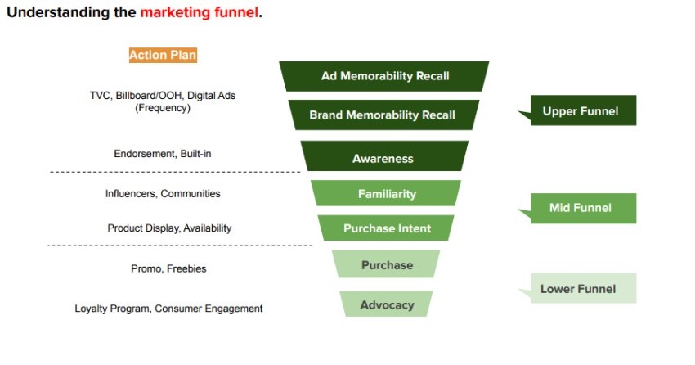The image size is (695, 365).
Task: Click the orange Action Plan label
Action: click(x=163, y=55)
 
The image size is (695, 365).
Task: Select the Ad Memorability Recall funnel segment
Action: click(x=384, y=76)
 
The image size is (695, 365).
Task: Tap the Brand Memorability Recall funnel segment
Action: click(x=382, y=115)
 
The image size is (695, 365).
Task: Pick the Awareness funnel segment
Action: click(x=383, y=159)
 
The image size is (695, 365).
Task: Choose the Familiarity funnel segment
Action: click(x=386, y=194)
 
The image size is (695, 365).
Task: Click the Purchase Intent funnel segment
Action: click(x=387, y=228)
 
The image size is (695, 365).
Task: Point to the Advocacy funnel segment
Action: click(x=387, y=305)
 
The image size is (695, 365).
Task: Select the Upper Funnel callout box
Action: click(x=580, y=111)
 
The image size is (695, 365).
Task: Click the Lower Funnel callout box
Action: click(x=579, y=288)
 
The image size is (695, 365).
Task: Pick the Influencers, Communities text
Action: click(x=162, y=194)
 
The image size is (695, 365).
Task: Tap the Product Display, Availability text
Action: click(x=169, y=228)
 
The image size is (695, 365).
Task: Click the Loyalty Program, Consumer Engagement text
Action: click(x=168, y=309)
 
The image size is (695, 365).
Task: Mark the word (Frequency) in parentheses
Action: click(x=162, y=108)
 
